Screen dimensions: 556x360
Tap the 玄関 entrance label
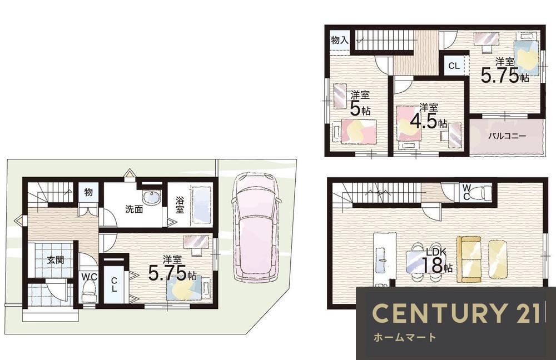(56, 260)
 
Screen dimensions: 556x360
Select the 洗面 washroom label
(134, 209)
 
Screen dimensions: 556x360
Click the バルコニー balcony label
(507, 136)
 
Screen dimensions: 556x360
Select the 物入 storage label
(340, 40)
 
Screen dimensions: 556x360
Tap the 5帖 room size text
(360, 108)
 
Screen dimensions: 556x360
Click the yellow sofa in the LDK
(468, 259)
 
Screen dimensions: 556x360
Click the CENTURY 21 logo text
(456, 313)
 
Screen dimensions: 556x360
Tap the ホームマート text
(404, 337)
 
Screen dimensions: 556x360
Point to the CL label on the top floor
(454, 66)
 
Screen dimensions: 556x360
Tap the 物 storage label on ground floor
(88, 192)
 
